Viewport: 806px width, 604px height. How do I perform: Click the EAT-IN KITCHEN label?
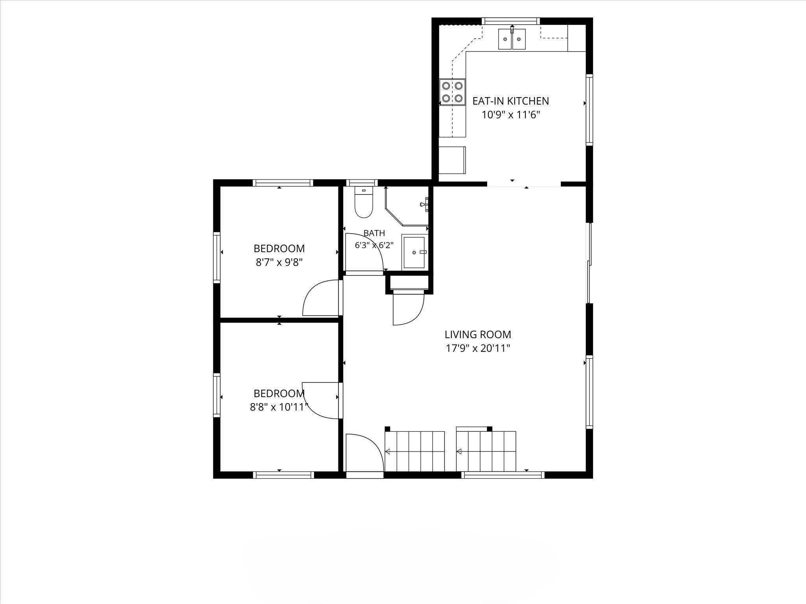coord(510,101)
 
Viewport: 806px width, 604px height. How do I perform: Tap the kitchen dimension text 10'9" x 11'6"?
coord(510,115)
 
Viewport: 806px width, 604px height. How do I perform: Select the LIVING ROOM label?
coord(478,335)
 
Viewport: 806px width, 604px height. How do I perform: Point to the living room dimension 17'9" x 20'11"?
coord(478,348)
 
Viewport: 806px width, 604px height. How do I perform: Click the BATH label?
coord(374,233)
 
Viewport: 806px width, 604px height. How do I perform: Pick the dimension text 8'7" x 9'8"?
coord(279,262)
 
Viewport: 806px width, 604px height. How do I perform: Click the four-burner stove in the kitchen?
coord(453,92)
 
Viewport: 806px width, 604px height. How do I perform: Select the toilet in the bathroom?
coord(364,202)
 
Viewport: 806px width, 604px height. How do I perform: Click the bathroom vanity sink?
coord(414,252)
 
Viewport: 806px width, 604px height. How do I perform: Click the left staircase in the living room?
coord(415,451)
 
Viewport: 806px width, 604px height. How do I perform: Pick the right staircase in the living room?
coord(486,451)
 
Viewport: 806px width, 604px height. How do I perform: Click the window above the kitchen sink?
coord(511,21)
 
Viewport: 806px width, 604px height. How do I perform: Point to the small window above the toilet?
coord(362,183)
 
